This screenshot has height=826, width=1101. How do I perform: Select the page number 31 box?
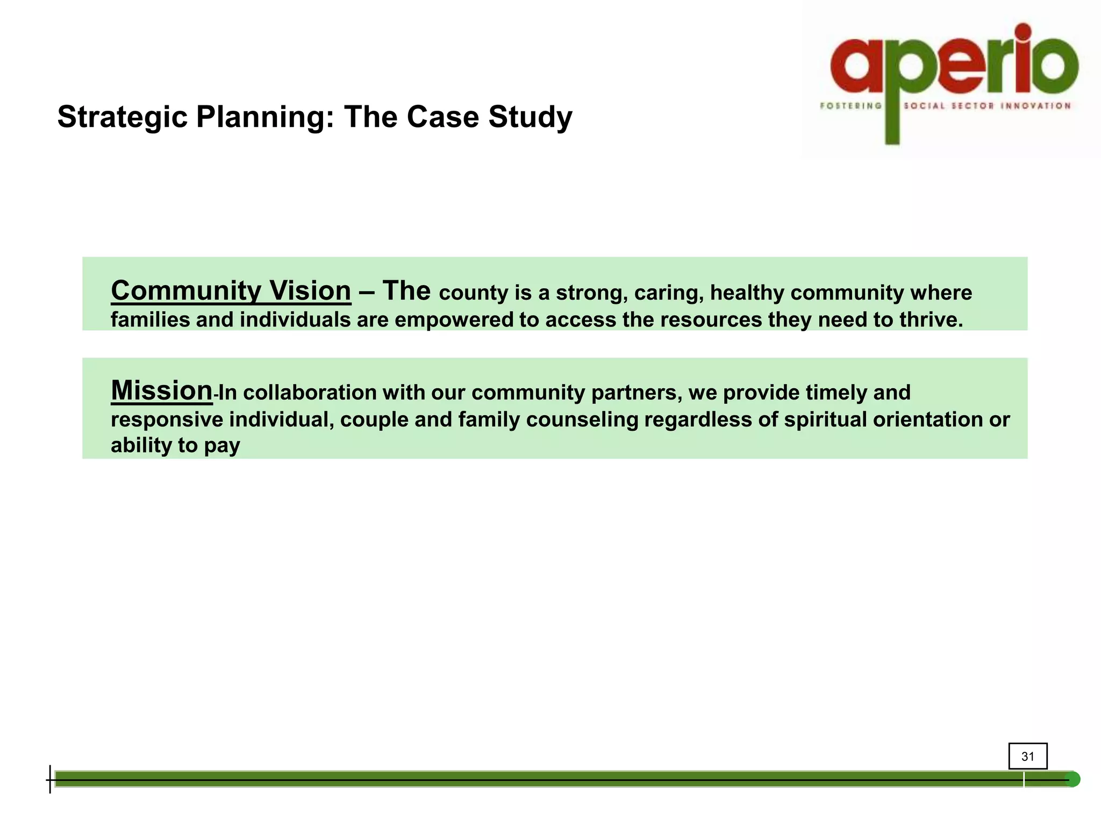[1027, 756]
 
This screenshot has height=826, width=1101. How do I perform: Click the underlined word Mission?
[162, 390]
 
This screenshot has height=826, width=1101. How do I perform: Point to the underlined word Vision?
[310, 291]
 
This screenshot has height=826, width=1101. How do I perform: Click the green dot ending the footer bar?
[1073, 779]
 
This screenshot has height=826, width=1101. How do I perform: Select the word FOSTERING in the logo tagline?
[850, 106]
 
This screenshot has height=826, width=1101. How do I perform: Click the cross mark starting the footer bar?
[50, 779]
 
